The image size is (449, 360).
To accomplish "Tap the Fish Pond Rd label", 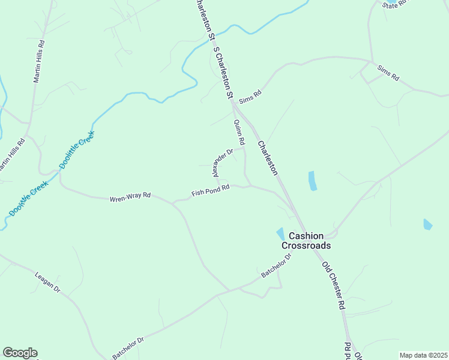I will [211, 190].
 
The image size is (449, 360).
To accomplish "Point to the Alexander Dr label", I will [222, 163].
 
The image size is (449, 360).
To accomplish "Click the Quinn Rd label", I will [240, 133].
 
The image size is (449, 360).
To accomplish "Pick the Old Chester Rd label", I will [333, 285].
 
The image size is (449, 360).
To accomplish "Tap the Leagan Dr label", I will [49, 281].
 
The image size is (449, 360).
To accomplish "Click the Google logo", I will [20, 353].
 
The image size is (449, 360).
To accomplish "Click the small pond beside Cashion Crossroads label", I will [280, 233].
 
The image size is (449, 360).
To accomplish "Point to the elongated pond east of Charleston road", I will [312, 181].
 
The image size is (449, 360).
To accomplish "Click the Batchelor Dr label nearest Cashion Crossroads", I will [276, 266].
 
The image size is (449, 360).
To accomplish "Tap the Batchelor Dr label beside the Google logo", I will [128, 348].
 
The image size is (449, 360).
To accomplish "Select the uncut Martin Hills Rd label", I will [40, 62].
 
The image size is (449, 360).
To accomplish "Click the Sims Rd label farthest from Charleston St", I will [388, 73].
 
